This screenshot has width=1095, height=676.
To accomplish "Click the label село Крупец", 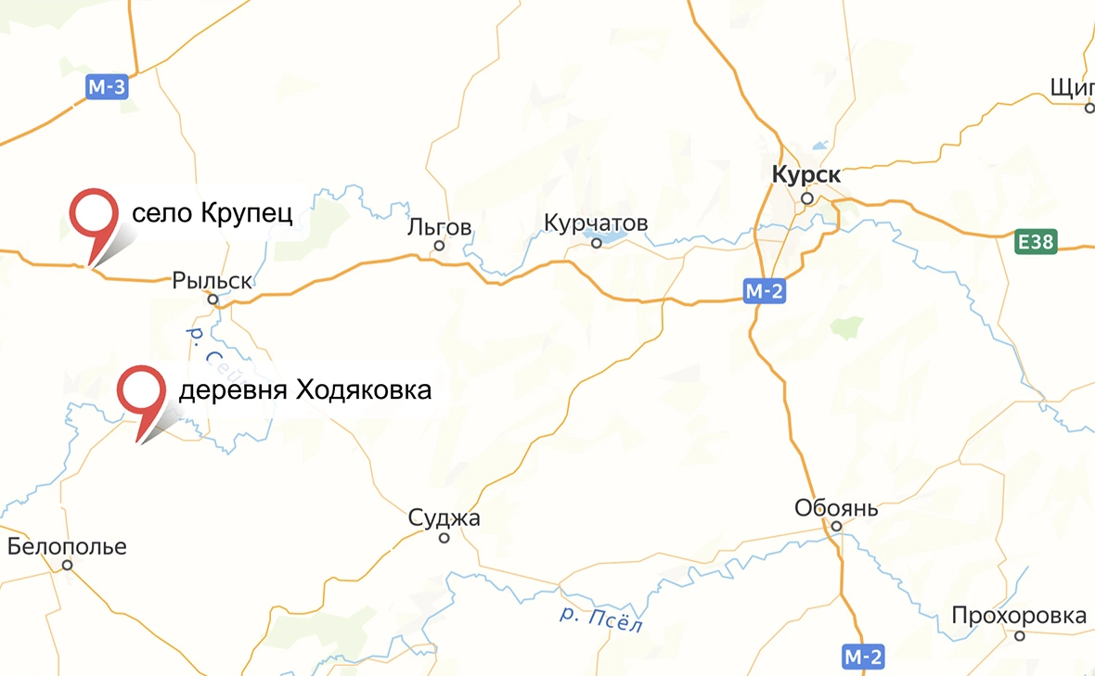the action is [x=213, y=214].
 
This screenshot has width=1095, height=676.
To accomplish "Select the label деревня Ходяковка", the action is [x=304, y=390].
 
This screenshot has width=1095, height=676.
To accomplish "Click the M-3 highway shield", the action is [x=106, y=88].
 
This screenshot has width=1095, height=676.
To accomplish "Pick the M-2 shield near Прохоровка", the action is [x=864, y=657].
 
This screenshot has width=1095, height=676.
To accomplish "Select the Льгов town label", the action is [x=440, y=227].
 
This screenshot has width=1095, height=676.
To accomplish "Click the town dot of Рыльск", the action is [x=213, y=300].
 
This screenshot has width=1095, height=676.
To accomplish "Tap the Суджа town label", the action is [x=444, y=518].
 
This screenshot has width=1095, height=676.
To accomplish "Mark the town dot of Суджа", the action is [x=444, y=538].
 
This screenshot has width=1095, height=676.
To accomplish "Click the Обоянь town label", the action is [x=836, y=508].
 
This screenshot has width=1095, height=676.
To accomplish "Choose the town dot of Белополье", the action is [x=67, y=565].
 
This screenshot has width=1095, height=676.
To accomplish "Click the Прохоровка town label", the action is [x=1018, y=616].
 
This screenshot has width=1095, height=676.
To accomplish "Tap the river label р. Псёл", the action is [x=601, y=617].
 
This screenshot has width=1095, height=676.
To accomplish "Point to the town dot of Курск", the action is [x=807, y=198].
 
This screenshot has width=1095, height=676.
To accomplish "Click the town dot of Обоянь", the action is [x=835, y=527].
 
